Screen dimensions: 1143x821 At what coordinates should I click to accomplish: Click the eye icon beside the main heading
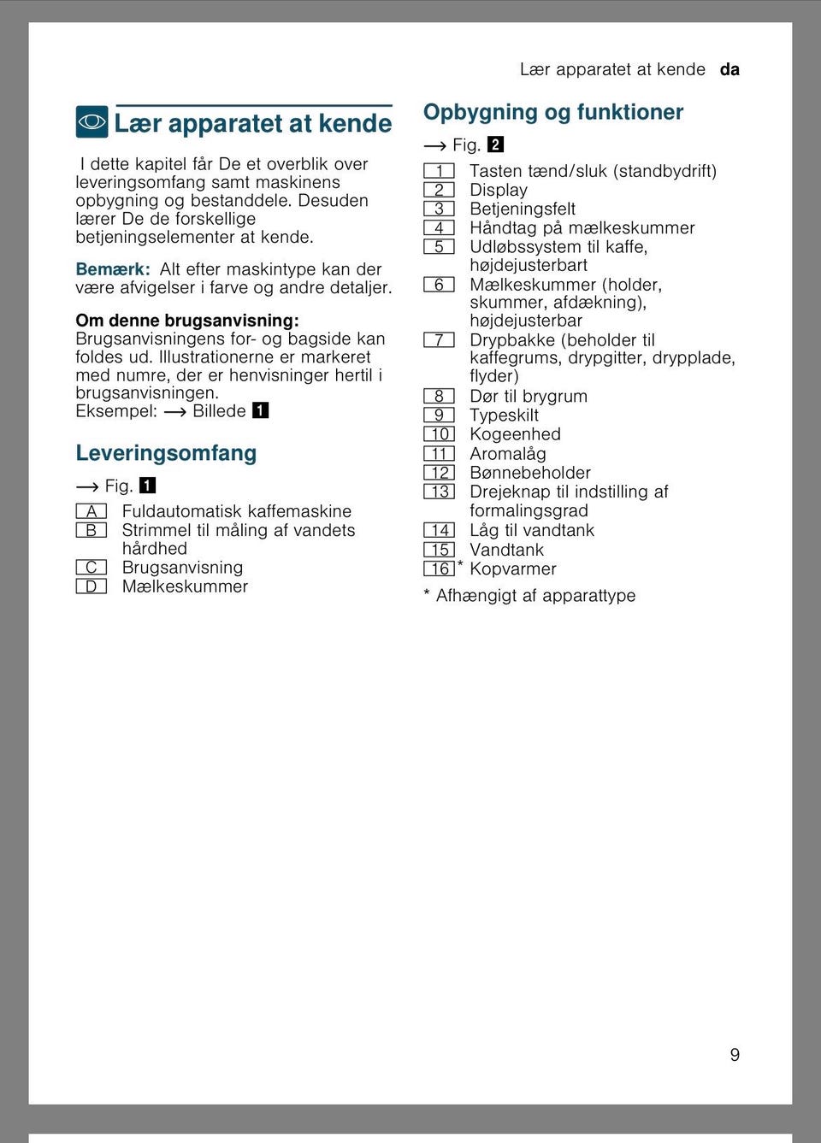pos(92,122)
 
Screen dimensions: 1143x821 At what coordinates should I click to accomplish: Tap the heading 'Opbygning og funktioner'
pos(553,112)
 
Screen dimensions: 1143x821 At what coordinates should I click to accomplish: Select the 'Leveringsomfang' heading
pos(166,453)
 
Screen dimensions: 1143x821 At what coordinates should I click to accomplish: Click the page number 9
pos(735,1055)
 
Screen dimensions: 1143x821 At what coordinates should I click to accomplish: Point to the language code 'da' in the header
pos(729,69)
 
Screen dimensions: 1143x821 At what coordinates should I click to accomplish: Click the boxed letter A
pos(91,511)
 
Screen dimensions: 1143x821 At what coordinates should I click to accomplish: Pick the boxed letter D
pos(91,586)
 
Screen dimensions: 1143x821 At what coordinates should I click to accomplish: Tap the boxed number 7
pos(439,340)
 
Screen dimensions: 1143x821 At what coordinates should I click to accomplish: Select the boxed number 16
pos(440,569)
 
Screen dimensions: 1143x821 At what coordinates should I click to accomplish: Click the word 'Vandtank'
pos(506,550)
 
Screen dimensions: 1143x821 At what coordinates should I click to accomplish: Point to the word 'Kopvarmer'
pos(513,569)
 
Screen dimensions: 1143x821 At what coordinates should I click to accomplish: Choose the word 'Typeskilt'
pos(504,415)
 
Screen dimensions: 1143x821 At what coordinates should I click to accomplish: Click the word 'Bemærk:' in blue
pos(113,269)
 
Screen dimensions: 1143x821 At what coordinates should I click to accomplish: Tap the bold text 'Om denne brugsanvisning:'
pos(187,321)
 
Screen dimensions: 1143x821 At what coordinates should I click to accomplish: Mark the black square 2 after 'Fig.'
pos(496,144)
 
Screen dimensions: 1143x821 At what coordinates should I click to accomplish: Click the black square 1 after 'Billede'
pos(261,410)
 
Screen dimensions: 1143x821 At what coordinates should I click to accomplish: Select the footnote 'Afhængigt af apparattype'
pos(535,596)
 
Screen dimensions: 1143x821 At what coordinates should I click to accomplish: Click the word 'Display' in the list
pos(499,190)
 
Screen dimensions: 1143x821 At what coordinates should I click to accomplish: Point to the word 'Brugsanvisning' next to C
pos(182,568)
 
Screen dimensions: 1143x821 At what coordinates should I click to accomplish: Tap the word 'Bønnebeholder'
pos(530,473)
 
